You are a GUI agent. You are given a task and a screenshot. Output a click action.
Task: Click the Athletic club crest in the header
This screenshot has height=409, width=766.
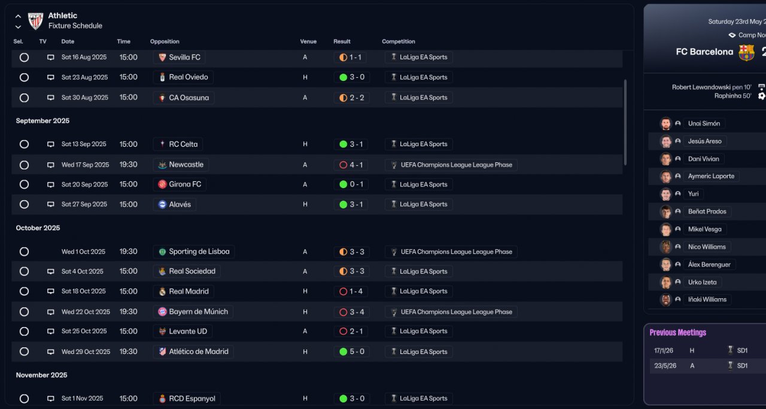(x=36, y=21)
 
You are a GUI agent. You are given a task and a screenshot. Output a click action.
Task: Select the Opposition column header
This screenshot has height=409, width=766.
(x=165, y=41)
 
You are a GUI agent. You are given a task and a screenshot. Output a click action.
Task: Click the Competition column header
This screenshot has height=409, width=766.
(x=398, y=41)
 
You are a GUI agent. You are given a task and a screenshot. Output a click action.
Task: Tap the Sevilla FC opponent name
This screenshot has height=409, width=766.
(x=184, y=57)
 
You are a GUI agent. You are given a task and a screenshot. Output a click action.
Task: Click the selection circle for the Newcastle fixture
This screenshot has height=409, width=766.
(x=24, y=165)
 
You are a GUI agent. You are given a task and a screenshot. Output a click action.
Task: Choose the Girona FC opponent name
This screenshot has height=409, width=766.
(x=185, y=184)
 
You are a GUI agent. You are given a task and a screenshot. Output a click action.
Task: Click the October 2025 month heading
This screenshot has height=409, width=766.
(x=38, y=228)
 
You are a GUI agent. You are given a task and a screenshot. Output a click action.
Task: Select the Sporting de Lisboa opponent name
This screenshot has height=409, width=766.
(x=199, y=252)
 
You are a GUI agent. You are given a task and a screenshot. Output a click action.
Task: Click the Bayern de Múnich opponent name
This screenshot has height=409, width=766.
(x=198, y=311)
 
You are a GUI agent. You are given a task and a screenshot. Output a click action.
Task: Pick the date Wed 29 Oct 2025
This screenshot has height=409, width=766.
(x=86, y=352)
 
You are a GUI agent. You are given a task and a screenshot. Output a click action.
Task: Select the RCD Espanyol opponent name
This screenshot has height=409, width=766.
(x=191, y=398)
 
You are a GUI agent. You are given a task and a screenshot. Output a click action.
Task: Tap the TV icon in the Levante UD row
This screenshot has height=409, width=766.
(x=51, y=331)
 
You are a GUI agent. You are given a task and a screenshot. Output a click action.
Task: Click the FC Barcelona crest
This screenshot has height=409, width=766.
(x=746, y=53)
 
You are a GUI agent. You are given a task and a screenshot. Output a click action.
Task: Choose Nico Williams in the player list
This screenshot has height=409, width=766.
(x=707, y=247)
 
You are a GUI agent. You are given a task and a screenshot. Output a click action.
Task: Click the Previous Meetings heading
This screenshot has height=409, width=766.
(x=677, y=332)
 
